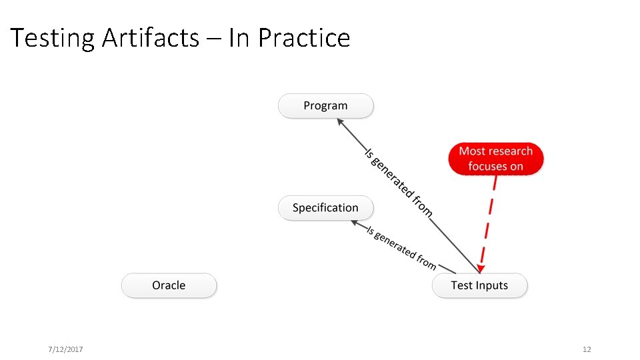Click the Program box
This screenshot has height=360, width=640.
(325, 106)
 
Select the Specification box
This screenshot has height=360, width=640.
(325, 208)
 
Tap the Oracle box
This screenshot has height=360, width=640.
(169, 285)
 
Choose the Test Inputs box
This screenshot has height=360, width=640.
(479, 285)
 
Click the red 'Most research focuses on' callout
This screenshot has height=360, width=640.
(495, 159)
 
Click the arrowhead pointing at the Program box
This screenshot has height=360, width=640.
(340, 122)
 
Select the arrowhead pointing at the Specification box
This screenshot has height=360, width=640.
(355, 223)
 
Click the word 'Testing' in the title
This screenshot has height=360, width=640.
(53, 38)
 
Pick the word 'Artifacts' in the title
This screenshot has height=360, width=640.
(151, 38)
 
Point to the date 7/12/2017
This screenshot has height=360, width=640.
(65, 349)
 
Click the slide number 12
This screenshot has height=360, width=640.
(587, 349)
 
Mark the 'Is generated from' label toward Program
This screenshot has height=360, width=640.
(398, 182)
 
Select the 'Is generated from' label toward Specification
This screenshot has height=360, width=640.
(402, 247)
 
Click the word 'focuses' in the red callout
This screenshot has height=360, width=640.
(488, 166)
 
